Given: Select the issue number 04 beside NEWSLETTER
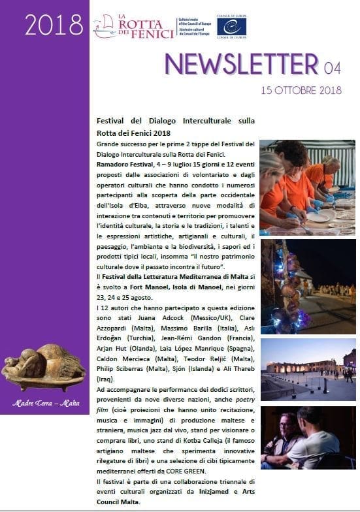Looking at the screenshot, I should [331, 65].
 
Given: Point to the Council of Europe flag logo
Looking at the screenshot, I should [231, 26].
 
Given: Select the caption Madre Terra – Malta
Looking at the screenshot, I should [44, 402].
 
